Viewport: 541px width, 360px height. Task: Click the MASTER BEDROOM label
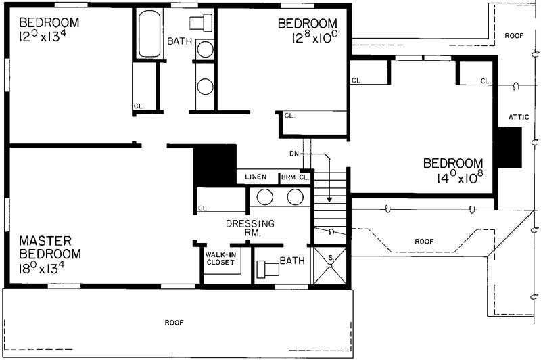[x=50, y=248]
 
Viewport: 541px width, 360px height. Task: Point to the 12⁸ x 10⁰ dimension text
[x=308, y=41]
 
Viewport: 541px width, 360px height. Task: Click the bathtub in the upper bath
[x=148, y=33]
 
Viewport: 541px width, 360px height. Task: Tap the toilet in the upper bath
[x=202, y=23]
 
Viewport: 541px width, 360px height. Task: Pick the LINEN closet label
[x=256, y=177]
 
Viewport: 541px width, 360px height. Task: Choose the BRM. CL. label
[x=295, y=177]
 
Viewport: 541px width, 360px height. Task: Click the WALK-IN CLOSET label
[x=220, y=258]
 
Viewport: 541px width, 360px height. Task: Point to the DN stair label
[x=294, y=154]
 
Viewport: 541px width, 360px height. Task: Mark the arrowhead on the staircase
[x=329, y=200]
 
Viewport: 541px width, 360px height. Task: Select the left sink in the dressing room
[x=264, y=197]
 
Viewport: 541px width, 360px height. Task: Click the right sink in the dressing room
[x=295, y=197]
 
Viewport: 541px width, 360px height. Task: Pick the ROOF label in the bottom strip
[x=174, y=323]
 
